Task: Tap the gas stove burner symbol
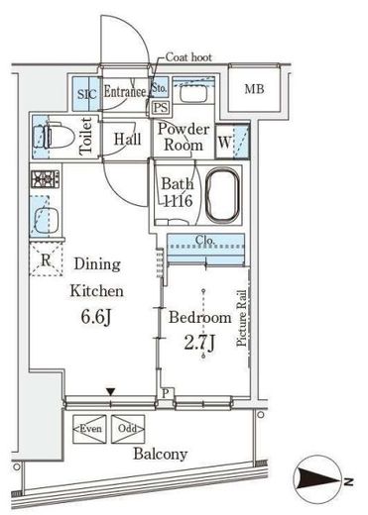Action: (46, 179)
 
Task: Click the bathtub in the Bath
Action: (223, 195)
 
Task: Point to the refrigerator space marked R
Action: (46, 259)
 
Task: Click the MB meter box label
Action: (254, 89)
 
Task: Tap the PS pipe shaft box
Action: (161, 108)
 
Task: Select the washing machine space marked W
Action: (224, 142)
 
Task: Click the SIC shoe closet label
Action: (87, 94)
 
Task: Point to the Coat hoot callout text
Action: (188, 57)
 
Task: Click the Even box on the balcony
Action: (90, 429)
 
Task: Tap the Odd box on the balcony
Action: (128, 429)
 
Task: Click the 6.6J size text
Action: (96, 317)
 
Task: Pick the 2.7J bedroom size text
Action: (199, 343)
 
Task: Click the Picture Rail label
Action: (242, 318)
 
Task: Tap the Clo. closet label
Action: (205, 240)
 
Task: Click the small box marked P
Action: (166, 393)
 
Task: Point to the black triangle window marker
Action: (110, 392)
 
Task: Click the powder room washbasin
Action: (193, 93)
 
